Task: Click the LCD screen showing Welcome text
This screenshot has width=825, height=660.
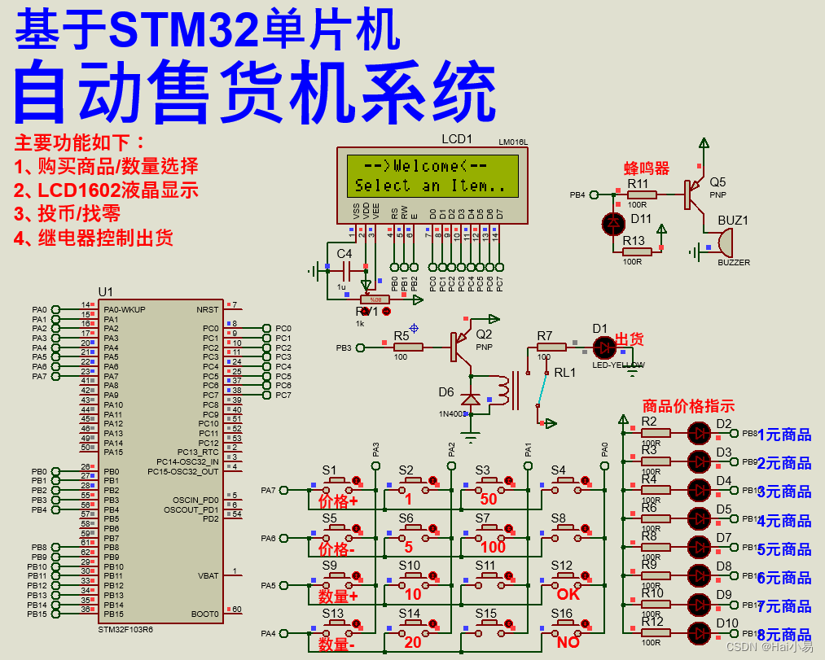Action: pyautogui.click(x=432, y=176)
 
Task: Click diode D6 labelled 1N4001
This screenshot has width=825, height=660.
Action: pyautogui.click(x=470, y=400)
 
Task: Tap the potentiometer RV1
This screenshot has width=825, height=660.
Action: pyautogui.click(x=375, y=300)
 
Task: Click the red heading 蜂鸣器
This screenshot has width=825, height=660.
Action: pyautogui.click(x=646, y=168)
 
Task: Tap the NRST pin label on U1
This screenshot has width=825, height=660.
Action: pyautogui.click(x=208, y=309)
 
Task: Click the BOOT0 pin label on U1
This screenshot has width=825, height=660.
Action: pyautogui.click(x=205, y=614)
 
